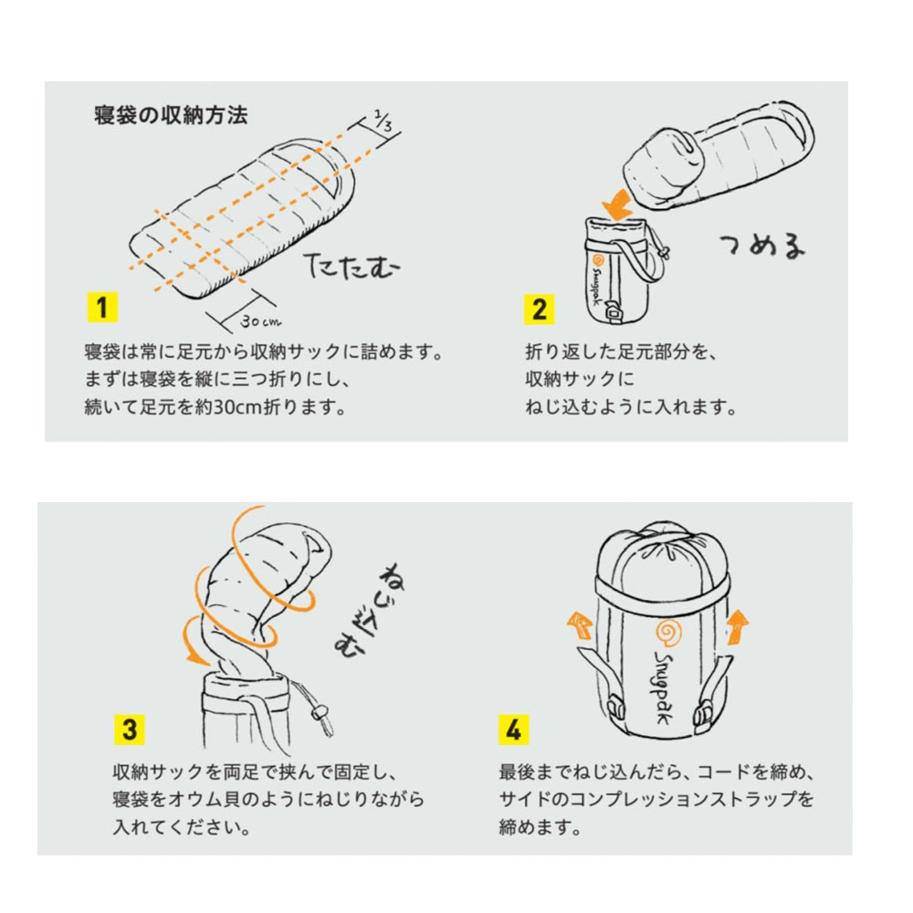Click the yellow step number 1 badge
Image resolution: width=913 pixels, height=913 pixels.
pyautogui.click(x=102, y=308)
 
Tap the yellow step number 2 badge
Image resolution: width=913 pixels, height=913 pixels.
pyautogui.click(x=540, y=310)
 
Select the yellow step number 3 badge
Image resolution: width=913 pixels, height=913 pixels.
pyautogui.click(x=130, y=729)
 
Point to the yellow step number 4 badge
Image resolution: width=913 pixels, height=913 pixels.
pyautogui.click(x=513, y=729)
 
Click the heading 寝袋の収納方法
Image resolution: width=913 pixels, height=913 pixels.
pyautogui.click(x=172, y=115)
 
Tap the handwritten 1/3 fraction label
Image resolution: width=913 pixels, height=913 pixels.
pyautogui.click(x=383, y=121)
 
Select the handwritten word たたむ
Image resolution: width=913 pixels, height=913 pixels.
pyautogui.click(x=352, y=267)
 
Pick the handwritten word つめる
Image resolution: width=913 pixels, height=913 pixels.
pyautogui.click(x=762, y=245)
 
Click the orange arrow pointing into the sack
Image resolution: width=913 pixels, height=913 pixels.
pyautogui.click(x=617, y=205)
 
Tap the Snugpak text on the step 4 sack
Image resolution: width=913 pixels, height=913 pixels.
pyautogui.click(x=665, y=687)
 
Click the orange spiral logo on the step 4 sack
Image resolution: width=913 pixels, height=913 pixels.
pyautogui.click(x=668, y=633)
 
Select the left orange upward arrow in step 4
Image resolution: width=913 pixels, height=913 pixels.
pyautogui.click(x=580, y=626)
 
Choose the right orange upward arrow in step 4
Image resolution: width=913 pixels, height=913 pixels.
pyautogui.click(x=738, y=627)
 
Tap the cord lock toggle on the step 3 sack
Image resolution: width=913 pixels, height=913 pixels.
pyautogui.click(x=319, y=713)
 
